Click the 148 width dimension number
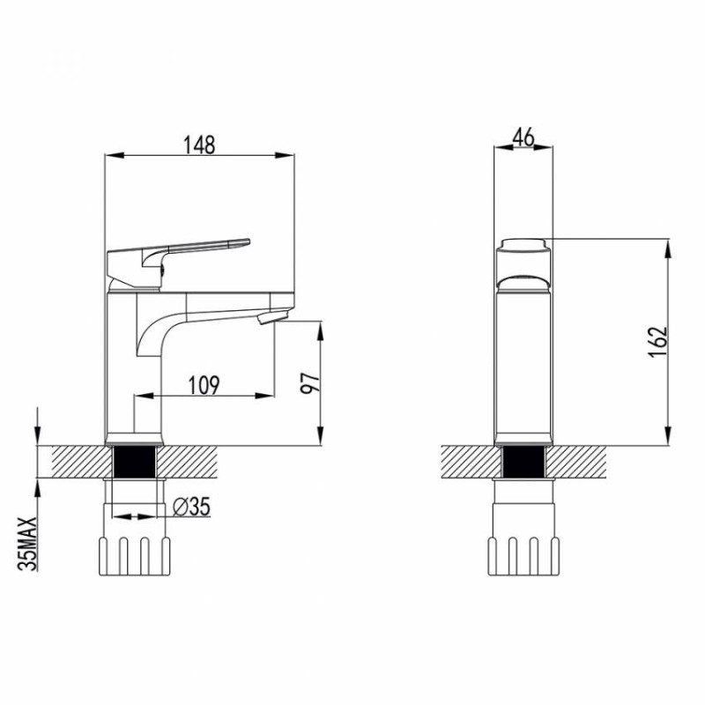pyautogui.click(x=198, y=144)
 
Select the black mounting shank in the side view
pyautogui.click(x=135, y=461)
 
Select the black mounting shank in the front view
pyautogui.click(x=523, y=461)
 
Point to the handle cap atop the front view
pyautogui.click(x=523, y=246)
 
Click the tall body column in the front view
pyautogui.click(x=523, y=361)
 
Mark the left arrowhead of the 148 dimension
pyautogui.click(x=111, y=157)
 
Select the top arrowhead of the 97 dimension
pyautogui.click(x=319, y=328)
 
